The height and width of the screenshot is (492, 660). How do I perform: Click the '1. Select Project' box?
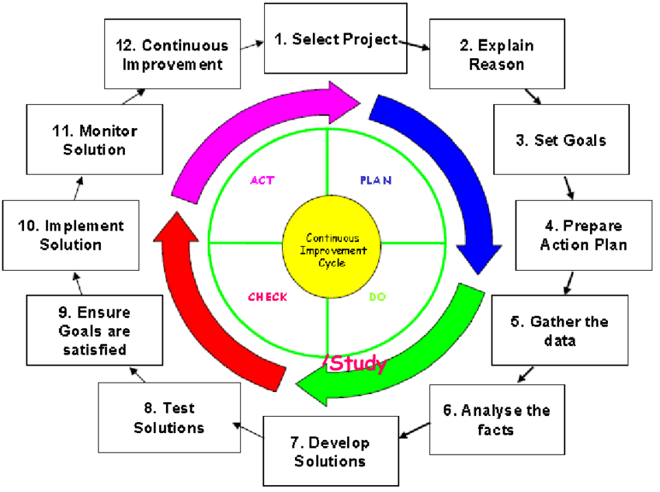(x=335, y=39)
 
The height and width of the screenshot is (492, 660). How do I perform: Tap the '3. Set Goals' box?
(x=571, y=140)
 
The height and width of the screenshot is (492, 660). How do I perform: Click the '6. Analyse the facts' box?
(x=496, y=419)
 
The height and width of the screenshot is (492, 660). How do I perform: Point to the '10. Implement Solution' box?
(x=71, y=235)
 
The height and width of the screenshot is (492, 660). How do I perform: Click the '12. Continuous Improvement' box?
(x=172, y=55)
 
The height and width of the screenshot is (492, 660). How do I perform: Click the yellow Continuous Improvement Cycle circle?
(x=332, y=250)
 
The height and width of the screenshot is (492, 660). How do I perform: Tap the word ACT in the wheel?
(x=262, y=180)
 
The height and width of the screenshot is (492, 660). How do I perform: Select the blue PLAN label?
(x=375, y=180)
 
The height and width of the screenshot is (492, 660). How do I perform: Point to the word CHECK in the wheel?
(x=267, y=297)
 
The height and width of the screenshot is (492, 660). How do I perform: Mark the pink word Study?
(x=358, y=363)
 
